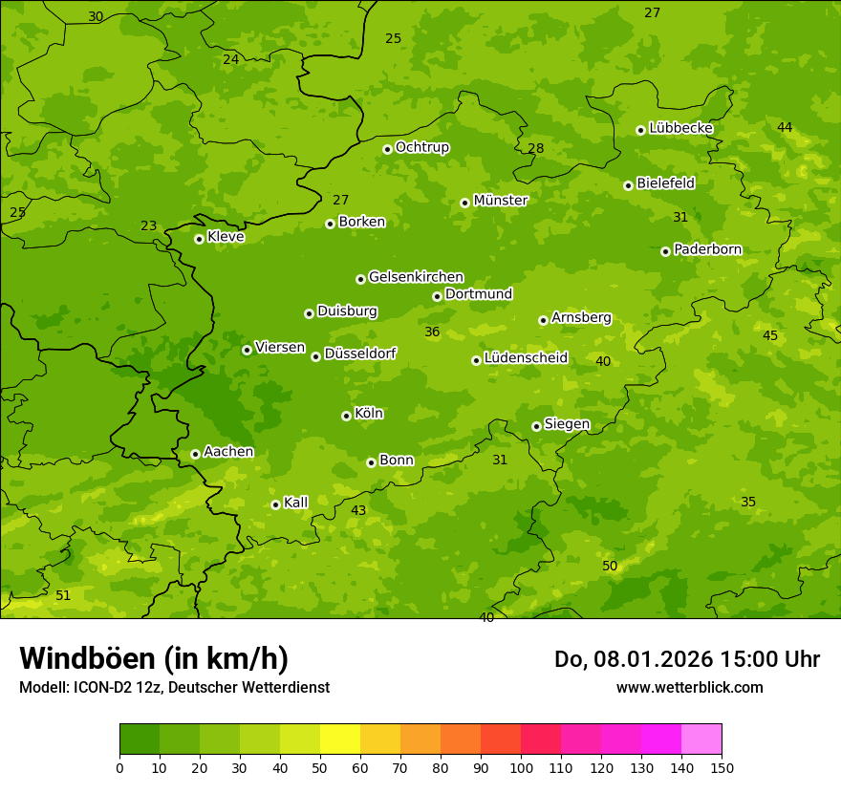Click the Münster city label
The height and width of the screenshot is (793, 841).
(501, 201)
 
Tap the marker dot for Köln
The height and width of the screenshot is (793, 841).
(346, 416)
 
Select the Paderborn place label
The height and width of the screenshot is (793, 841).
(708, 249)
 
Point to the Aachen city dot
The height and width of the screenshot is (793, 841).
(195, 454)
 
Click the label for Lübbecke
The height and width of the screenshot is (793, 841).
(680, 128)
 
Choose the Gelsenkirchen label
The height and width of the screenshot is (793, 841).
(416, 277)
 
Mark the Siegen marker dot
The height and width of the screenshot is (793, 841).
(536, 426)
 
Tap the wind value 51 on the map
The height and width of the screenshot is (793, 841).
(63, 595)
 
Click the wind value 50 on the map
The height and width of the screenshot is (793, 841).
(610, 567)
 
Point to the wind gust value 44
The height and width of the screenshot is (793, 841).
(785, 127)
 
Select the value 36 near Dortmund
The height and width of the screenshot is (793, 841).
(432, 332)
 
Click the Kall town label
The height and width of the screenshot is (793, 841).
(296, 503)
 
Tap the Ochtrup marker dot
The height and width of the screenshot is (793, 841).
(387, 149)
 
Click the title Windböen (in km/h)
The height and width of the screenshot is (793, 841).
(154, 658)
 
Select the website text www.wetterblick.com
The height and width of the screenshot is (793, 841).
(689, 687)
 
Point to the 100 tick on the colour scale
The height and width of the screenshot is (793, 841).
(521, 767)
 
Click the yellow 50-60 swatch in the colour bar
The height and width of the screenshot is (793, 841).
(340, 739)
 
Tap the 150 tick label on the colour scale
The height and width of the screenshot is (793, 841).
(722, 767)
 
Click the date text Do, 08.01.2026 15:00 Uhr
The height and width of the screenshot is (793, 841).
(687, 659)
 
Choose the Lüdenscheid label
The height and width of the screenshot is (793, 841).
(526, 358)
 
